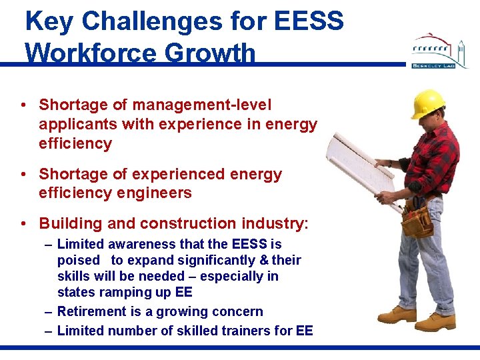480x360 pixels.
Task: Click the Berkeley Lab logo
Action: (439, 52)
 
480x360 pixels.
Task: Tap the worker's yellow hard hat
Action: (427, 103)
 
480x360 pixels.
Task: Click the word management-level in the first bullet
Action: (201, 105)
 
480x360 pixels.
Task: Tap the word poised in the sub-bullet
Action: (78, 260)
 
